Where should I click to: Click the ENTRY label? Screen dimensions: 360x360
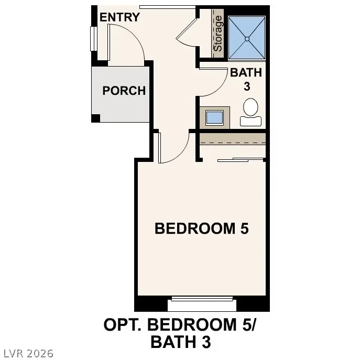click(x=120, y=17)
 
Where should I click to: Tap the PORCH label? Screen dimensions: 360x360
click(x=124, y=91)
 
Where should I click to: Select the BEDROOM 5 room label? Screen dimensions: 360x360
click(x=201, y=228)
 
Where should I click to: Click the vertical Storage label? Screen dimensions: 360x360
click(x=218, y=33)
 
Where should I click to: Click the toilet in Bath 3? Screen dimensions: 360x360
click(x=250, y=111)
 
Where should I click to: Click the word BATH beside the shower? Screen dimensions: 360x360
click(x=246, y=73)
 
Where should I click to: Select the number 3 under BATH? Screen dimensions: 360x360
click(x=246, y=87)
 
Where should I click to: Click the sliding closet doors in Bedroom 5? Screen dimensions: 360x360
click(x=241, y=159)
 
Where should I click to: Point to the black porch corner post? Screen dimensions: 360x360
click(x=95, y=118)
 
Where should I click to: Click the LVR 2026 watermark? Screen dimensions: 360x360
click(x=27, y=354)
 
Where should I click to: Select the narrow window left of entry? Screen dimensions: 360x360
click(x=93, y=39)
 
